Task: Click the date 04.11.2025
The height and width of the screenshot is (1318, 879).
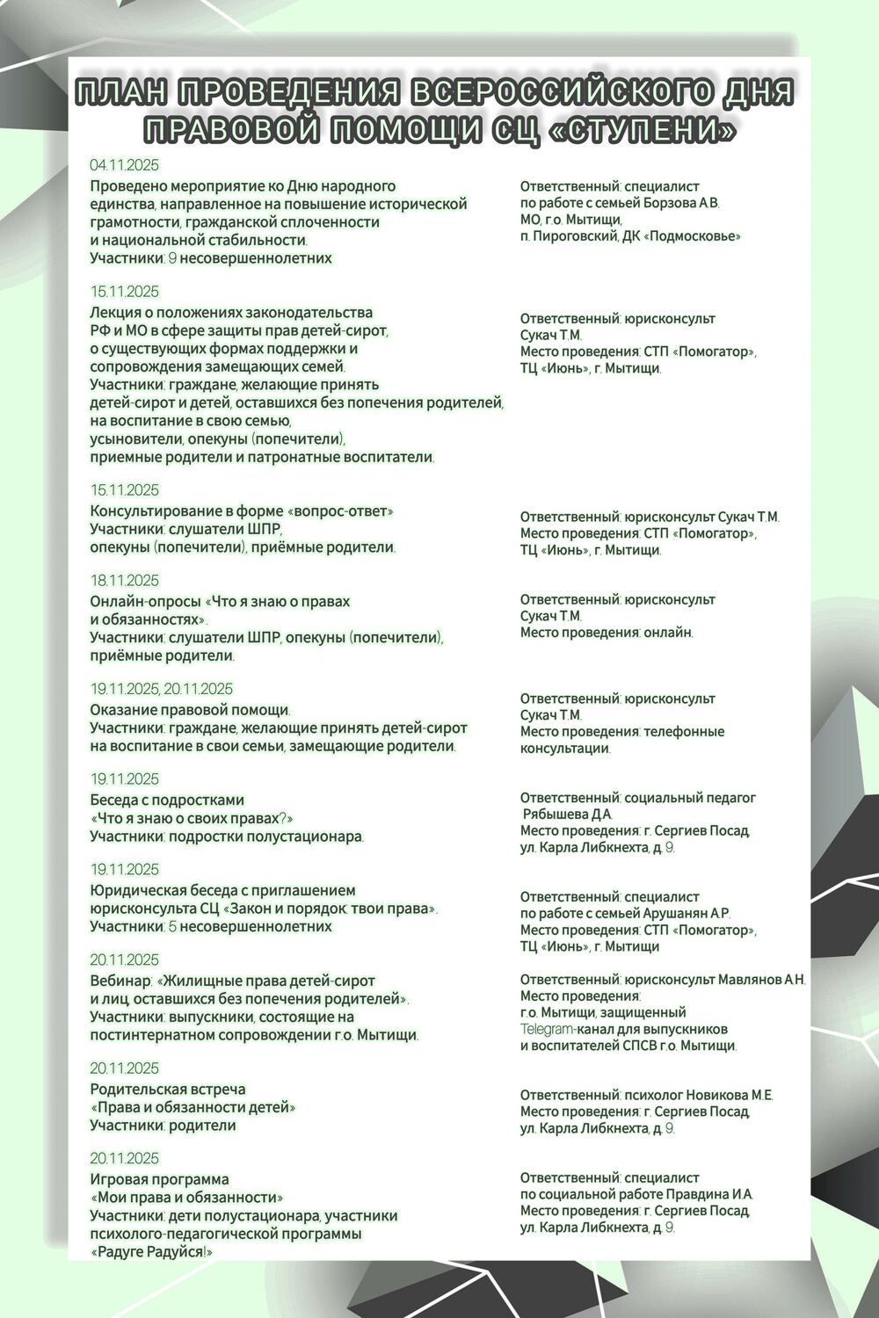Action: (124, 165)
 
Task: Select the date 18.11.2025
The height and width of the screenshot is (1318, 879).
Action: (124, 581)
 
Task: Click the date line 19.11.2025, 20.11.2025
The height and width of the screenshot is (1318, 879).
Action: (161, 689)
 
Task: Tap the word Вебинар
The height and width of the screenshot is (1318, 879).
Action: (120, 981)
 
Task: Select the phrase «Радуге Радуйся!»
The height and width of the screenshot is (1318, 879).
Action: (151, 1252)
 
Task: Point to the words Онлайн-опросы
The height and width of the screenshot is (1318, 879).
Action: (144, 602)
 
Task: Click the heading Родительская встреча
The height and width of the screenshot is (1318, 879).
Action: (167, 1090)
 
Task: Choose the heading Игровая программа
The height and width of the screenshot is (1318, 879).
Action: (159, 1179)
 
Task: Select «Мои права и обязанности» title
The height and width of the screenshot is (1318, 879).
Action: (186, 1198)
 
